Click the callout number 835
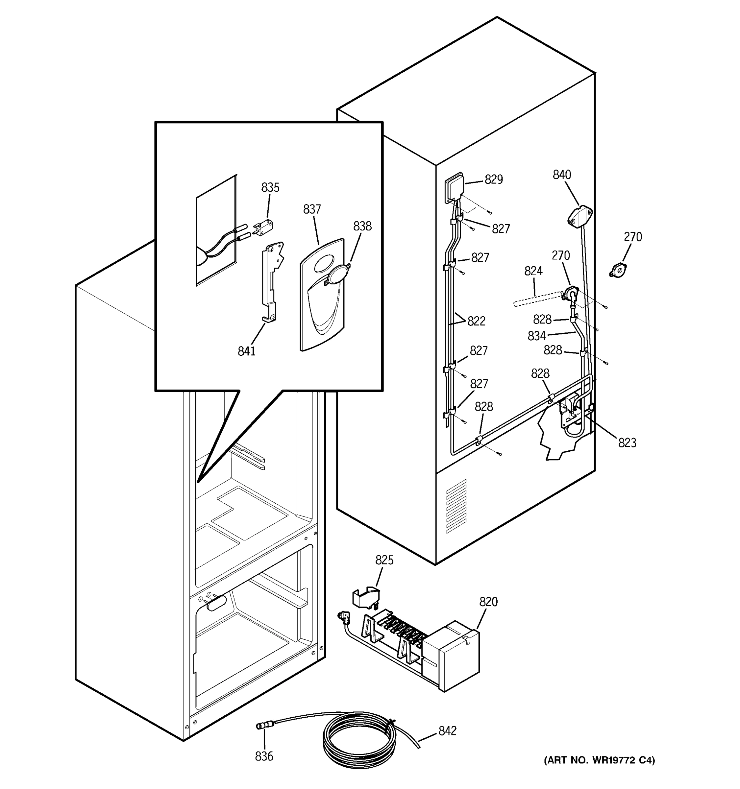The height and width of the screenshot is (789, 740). (x=270, y=187)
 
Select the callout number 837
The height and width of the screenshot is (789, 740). (x=312, y=209)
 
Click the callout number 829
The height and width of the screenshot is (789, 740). (x=493, y=179)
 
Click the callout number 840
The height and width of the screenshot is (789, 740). (x=562, y=175)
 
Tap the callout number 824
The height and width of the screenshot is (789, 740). (x=533, y=271)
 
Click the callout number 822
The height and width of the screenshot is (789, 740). (x=476, y=321)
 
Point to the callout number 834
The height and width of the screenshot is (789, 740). (x=536, y=336)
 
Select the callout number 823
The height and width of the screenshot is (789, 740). (x=627, y=443)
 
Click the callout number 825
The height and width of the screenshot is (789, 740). (x=384, y=560)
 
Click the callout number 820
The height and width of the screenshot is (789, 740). (x=488, y=602)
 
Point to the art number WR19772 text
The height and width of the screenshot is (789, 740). (x=600, y=760)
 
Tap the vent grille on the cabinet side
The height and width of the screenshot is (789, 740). (x=456, y=506)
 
